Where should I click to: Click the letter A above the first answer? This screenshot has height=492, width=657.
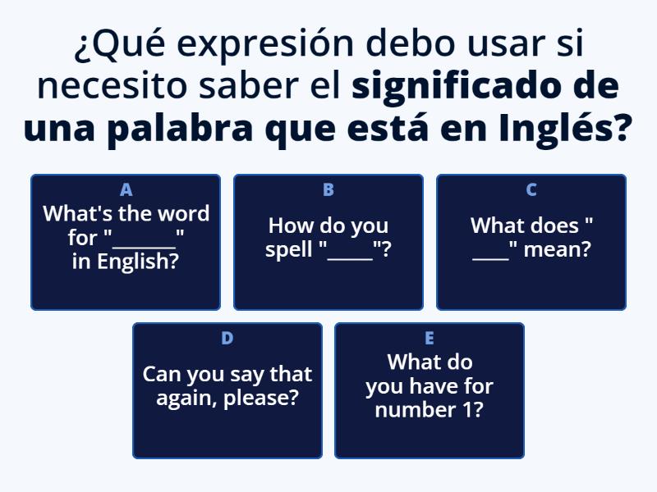click(126, 190)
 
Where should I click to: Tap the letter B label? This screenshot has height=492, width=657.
click(328, 190)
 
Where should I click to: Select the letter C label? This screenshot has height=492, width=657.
click(531, 190)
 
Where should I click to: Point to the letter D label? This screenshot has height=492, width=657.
click(227, 338)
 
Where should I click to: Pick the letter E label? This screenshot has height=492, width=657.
click(430, 338)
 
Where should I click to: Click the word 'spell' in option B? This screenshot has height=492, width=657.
click(289, 249)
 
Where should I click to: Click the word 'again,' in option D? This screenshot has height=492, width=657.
click(183, 399)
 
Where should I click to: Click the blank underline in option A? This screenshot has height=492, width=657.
click(144, 244)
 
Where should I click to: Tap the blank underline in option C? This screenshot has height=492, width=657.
click(491, 257)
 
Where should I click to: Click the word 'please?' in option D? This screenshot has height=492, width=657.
click(263, 399)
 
